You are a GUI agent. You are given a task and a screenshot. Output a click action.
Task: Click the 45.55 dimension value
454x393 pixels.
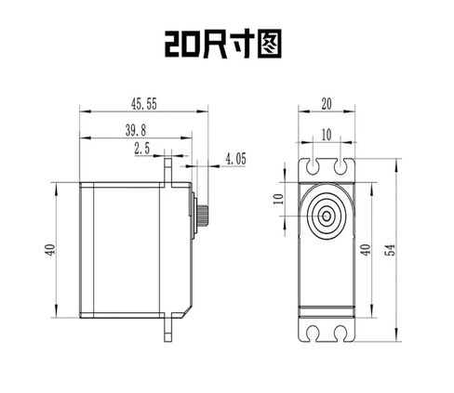144,104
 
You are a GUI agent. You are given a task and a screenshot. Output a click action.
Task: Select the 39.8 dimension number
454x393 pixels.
136,131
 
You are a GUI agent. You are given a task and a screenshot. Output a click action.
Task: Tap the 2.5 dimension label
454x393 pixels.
142,149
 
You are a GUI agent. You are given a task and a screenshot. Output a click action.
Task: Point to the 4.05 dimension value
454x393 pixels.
235,159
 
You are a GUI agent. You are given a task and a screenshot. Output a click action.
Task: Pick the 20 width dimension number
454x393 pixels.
327,104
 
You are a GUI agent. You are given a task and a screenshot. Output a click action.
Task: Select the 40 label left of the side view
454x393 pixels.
50,250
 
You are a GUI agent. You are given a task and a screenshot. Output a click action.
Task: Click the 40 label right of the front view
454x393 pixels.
366,250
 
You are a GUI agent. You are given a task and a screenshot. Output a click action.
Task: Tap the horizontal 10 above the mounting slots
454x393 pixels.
327,135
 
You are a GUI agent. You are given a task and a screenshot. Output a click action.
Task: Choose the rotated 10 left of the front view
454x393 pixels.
278,199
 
